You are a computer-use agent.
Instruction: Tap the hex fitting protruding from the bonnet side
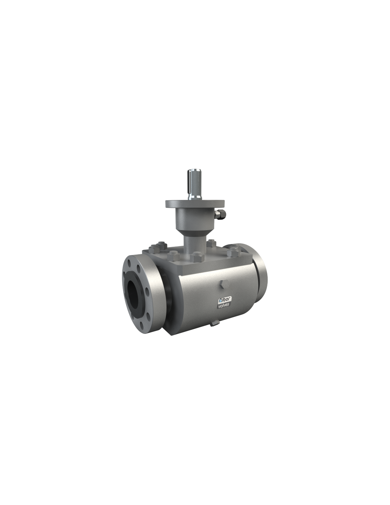pos(221,214)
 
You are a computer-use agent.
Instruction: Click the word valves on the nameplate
pos(223,306)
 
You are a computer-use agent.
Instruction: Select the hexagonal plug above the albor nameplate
pos(223,284)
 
